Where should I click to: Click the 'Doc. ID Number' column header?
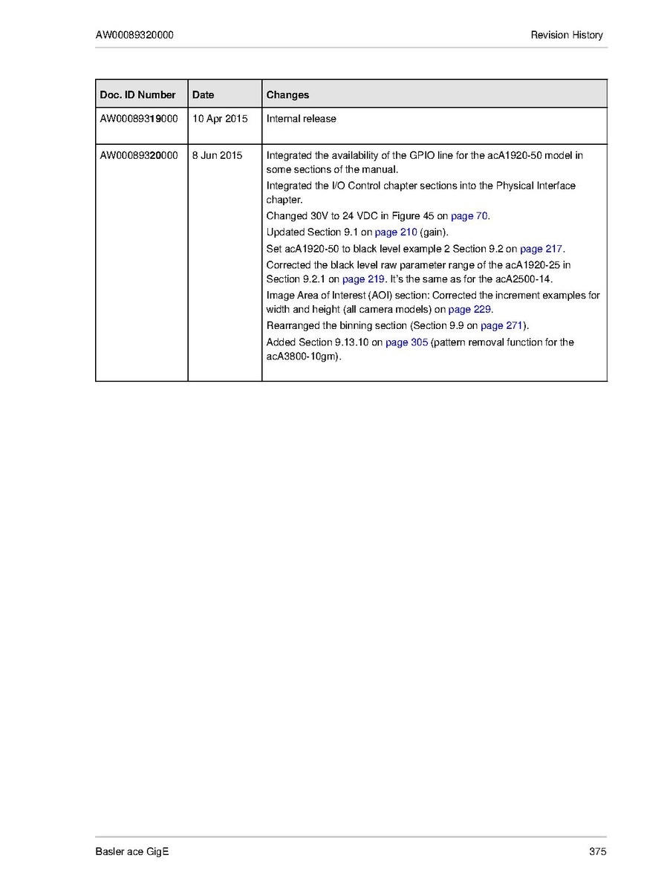[x=137, y=95]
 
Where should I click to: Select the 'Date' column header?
[x=203, y=95]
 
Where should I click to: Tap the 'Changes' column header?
[x=287, y=95]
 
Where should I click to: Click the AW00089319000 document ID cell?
[x=139, y=119]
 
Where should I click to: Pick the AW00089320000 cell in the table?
[x=139, y=155]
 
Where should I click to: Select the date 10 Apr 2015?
[x=220, y=119]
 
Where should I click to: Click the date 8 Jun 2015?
[x=217, y=155]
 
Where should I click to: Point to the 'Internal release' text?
[x=301, y=119]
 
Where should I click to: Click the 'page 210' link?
[x=396, y=232]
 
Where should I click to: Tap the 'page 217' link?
[x=541, y=249]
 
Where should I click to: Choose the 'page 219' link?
[x=363, y=279]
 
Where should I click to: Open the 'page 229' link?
[x=470, y=310]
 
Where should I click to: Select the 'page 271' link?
[x=502, y=326]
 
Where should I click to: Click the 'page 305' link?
[x=406, y=342]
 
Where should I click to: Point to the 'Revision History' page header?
[x=567, y=35]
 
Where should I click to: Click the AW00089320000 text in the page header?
[x=135, y=35]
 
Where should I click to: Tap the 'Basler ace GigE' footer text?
[x=132, y=852]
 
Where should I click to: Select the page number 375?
[x=597, y=852]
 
